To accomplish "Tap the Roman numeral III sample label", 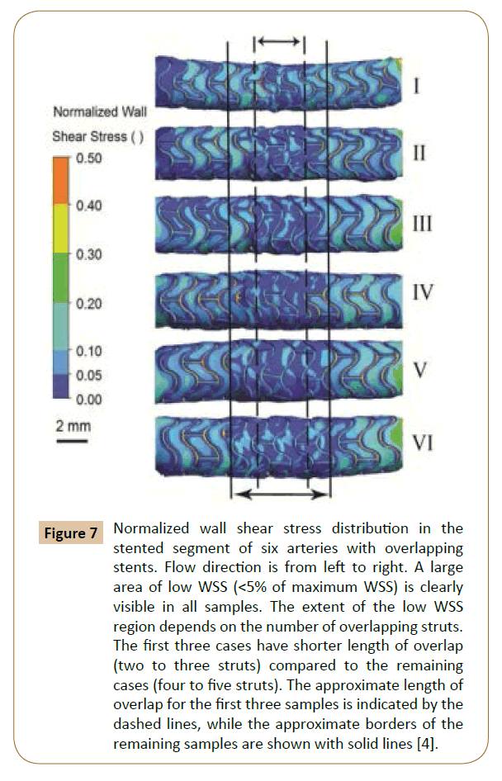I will coord(422,223).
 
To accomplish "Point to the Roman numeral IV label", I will coord(422,291).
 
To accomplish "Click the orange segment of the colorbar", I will coord(60,182).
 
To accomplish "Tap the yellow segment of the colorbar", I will coord(60,230).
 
